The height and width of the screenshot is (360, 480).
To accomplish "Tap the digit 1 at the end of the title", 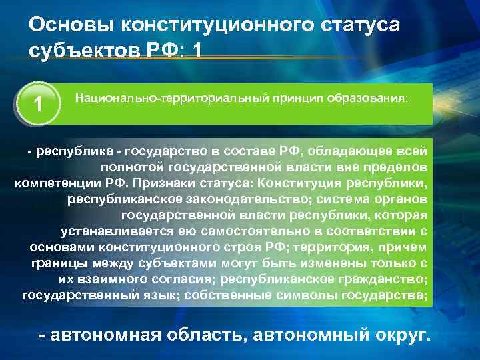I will pyautogui.click(x=195, y=50).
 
